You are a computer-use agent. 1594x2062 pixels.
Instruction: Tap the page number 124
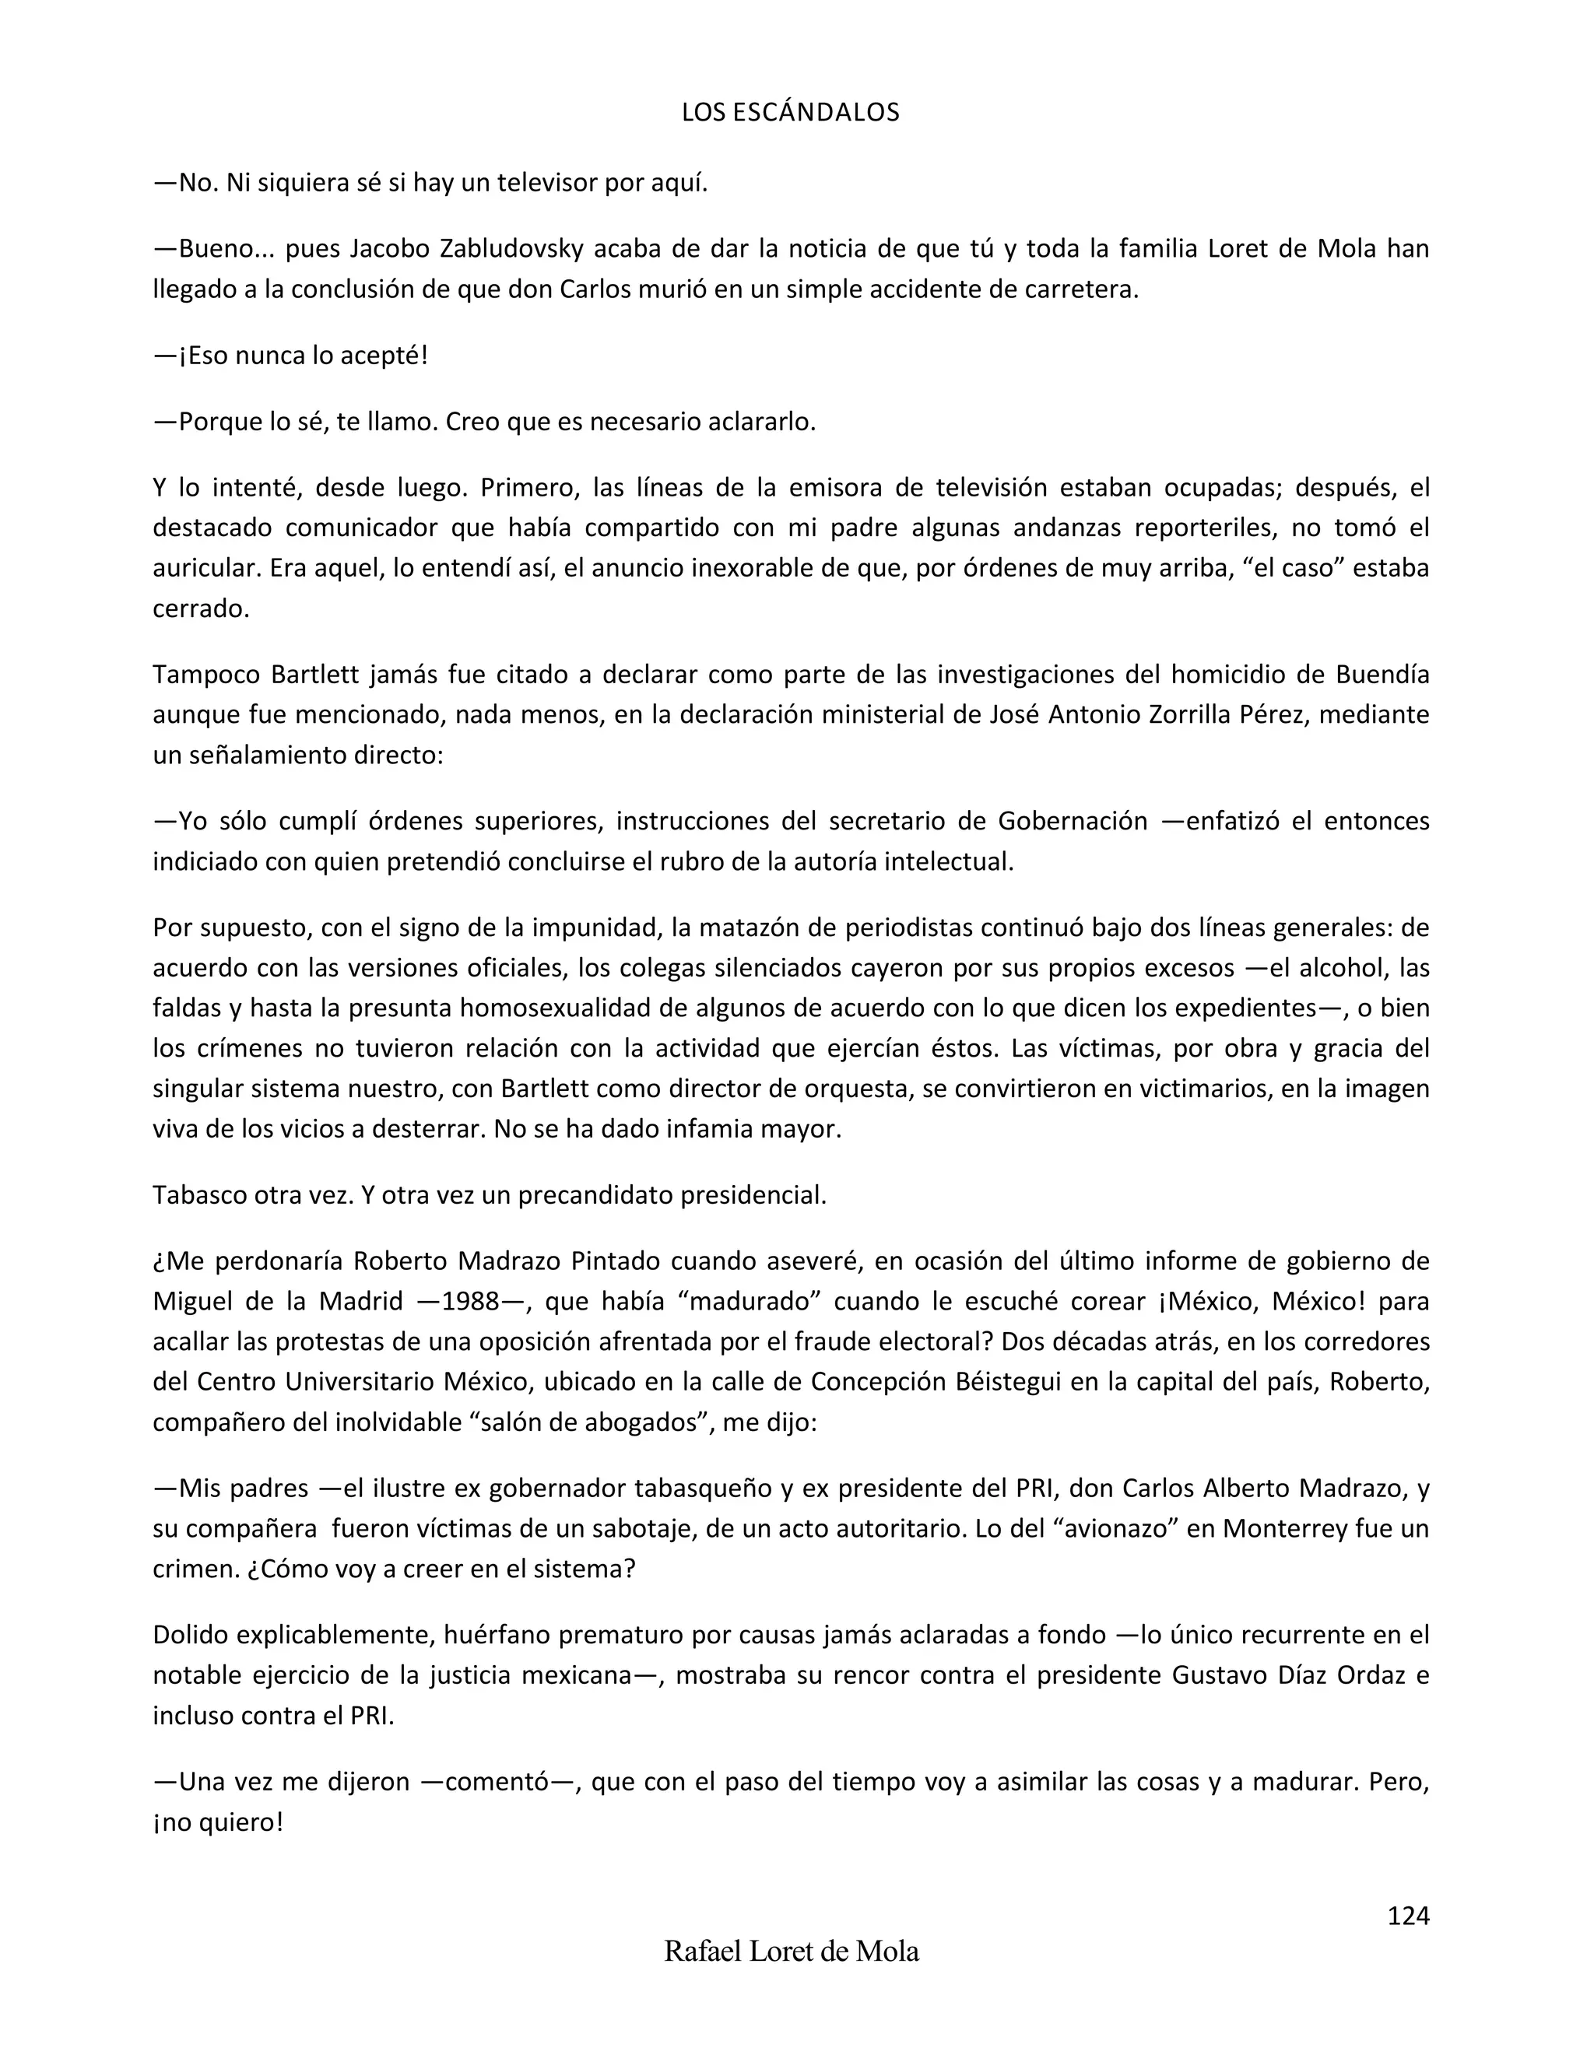pyautogui.click(x=1408, y=1915)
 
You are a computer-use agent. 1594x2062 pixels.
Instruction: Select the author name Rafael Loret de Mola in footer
pyautogui.click(x=792, y=1951)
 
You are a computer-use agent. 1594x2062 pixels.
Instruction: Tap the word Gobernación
pyautogui.click(x=1072, y=822)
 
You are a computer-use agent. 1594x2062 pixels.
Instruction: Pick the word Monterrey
pyautogui.click(x=1284, y=1528)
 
